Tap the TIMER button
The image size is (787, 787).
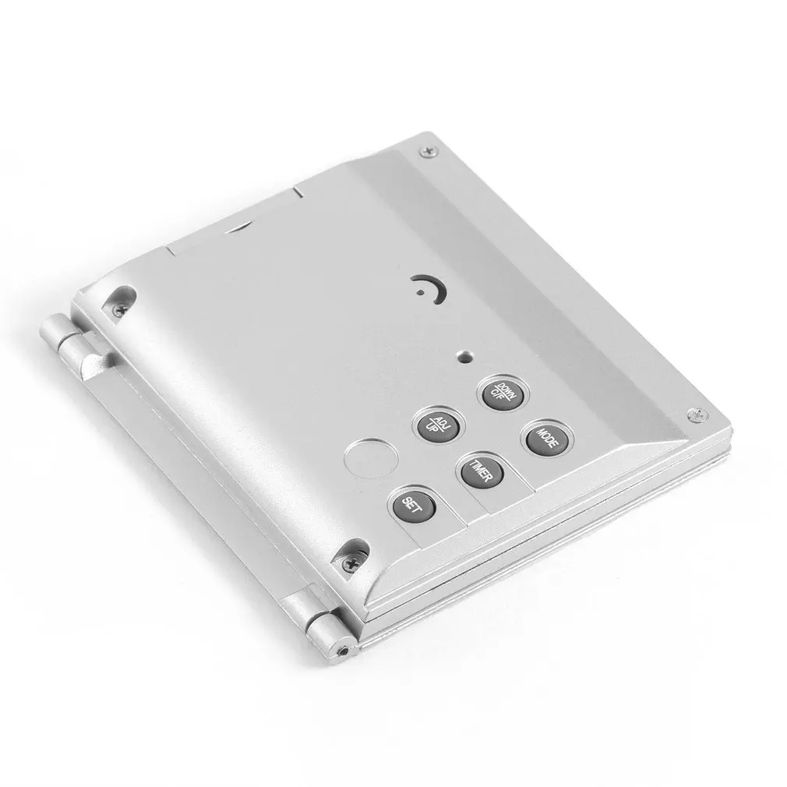click(482, 471)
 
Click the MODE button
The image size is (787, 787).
click(547, 438)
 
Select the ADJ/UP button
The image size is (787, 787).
click(438, 425)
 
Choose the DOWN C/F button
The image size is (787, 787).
click(503, 392)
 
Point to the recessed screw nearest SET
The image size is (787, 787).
click(350, 563)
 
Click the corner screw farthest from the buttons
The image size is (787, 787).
click(428, 150)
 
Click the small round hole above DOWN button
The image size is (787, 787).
click(465, 357)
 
